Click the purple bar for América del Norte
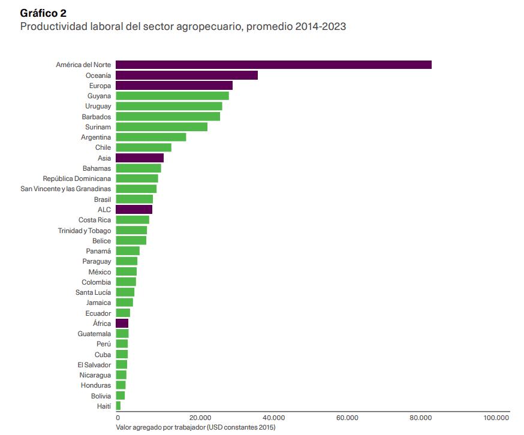pyautogui.click(x=274, y=65)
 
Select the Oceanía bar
pyautogui.click(x=187, y=75)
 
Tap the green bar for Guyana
pyautogui.click(x=173, y=96)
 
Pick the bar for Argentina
pyautogui.click(x=151, y=137)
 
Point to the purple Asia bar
pyautogui.click(x=140, y=158)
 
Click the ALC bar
pyautogui.click(x=134, y=210)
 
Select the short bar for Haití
pyautogui.click(x=118, y=406)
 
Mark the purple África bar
pyautogui.click(x=122, y=324)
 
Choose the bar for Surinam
pyautogui.click(x=162, y=127)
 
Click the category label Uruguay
pyautogui.click(x=98, y=106)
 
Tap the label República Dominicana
pyautogui.click(x=77, y=179)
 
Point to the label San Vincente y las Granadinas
pyautogui.click(x=65, y=189)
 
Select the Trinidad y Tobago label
pyautogui.click(x=85, y=231)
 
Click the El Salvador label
pyautogui.click(x=94, y=365)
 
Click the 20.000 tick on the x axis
pyautogui.click(x=200, y=418)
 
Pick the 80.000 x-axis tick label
pyautogui.click(x=421, y=418)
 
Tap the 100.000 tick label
pyautogui.click(x=496, y=418)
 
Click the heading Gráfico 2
pyautogui.click(x=43, y=13)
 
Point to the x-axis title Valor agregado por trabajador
pyautogui.click(x=161, y=427)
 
